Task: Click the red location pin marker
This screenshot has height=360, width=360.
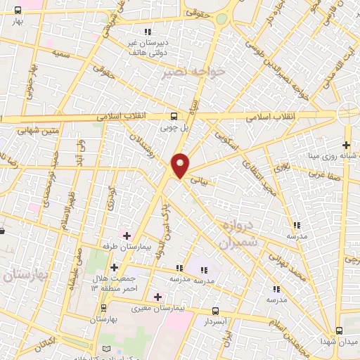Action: point(181,165)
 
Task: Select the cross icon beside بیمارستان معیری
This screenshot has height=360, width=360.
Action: point(157,297)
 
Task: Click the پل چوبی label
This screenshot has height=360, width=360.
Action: point(175,129)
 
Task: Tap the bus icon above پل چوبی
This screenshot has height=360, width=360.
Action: point(174,117)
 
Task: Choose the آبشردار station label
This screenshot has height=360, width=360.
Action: point(216,321)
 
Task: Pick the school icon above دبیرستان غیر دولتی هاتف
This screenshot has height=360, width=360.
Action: point(147,32)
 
